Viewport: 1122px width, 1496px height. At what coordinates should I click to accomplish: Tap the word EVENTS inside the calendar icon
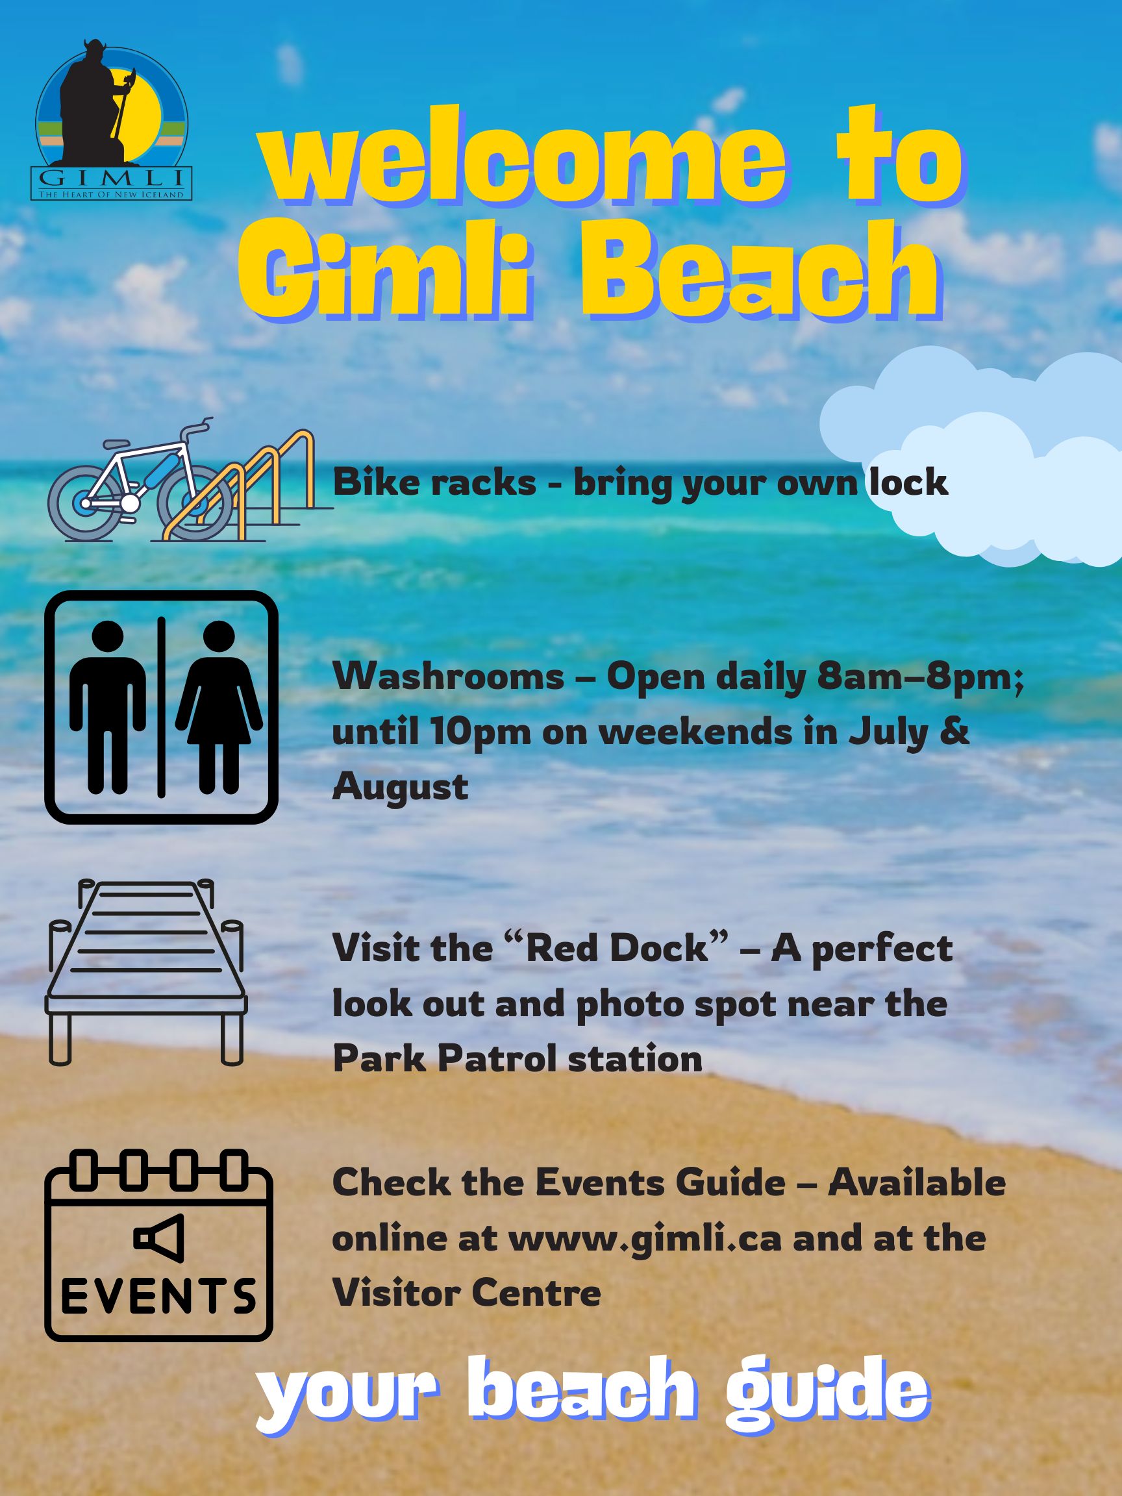click(x=158, y=1297)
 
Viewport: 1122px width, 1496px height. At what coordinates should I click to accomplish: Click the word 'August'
click(x=401, y=787)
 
